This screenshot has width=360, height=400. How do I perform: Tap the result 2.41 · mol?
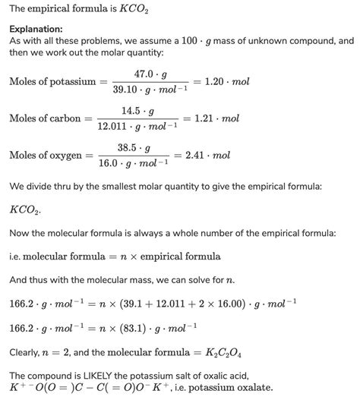[x=215, y=156]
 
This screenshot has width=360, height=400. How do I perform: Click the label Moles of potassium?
[x=52, y=80]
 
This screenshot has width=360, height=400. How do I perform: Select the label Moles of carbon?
[x=46, y=119]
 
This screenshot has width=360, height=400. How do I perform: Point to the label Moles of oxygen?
[x=46, y=156]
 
